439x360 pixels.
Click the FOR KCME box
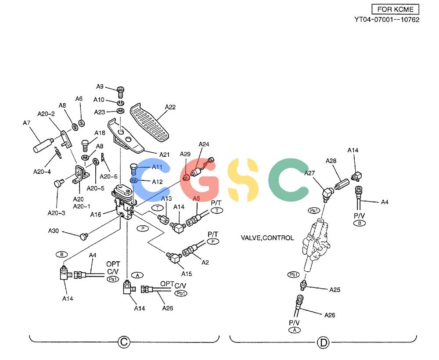coord(395,9)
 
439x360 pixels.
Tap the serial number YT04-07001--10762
coord(387,20)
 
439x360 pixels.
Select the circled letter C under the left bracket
coord(124,342)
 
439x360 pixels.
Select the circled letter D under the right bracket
coord(323,342)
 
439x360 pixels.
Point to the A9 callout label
coord(100,86)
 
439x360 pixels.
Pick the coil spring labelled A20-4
coord(58,153)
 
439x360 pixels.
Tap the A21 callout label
coord(164,155)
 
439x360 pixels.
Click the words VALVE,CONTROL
coord(267,238)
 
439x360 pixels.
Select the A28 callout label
coord(331,161)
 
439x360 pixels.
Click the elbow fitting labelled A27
coord(327,194)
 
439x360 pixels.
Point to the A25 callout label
coord(335,290)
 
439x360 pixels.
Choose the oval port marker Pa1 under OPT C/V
coord(113,279)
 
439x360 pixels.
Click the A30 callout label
coord(53,231)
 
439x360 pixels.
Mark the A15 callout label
coord(187,274)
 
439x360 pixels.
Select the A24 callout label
coord(204,144)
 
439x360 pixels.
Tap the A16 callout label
coord(95,214)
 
